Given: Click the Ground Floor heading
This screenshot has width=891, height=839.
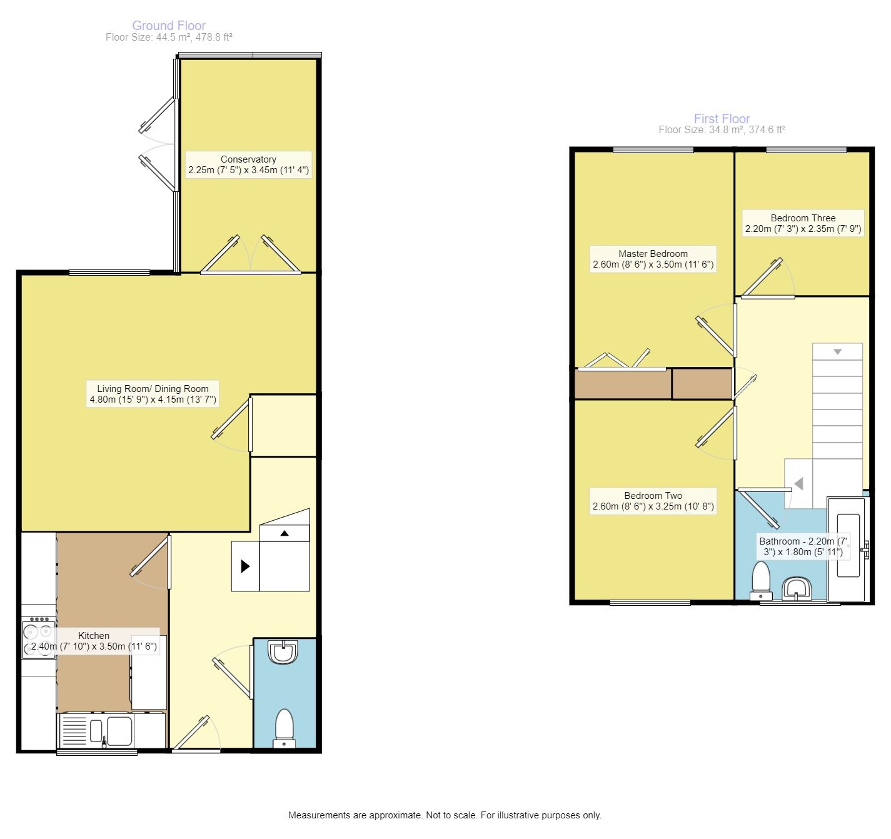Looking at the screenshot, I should click(169, 26).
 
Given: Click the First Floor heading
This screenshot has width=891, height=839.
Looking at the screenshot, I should click(722, 119).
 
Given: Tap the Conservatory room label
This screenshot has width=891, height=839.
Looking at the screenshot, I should click(248, 164).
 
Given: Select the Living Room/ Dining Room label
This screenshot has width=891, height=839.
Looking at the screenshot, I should click(153, 394).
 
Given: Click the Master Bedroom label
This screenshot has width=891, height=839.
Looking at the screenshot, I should click(653, 259).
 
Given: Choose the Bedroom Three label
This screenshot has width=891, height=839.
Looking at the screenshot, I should click(803, 223).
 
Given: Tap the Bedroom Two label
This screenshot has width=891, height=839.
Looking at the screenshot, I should click(653, 501).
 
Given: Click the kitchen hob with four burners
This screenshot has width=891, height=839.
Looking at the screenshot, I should click(39, 638).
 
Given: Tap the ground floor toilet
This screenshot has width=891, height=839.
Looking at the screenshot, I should click(284, 728).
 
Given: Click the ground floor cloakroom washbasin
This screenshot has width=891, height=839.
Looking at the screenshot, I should click(284, 652).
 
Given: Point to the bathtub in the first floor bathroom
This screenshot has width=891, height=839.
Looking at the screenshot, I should click(847, 547).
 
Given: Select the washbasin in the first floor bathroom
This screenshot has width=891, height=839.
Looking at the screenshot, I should click(797, 588).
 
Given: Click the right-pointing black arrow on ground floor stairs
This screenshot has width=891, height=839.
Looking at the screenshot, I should click(245, 566).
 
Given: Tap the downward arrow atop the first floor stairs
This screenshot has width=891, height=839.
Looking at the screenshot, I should click(837, 352).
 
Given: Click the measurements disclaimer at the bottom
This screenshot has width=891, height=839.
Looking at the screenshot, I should click(445, 815).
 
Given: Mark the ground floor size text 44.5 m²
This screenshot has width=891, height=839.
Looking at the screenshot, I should click(169, 38).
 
